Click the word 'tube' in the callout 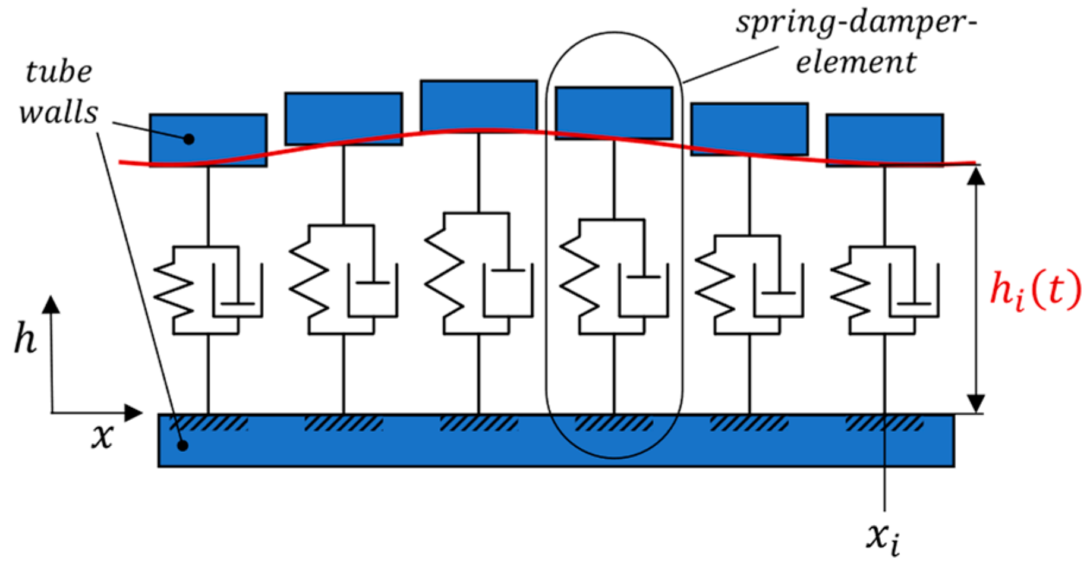(59, 73)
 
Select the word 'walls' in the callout (58, 112)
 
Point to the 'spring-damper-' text (856, 24)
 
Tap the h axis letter (25, 340)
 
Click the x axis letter (102, 437)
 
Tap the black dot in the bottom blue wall (184, 445)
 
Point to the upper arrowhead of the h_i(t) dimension (976, 175)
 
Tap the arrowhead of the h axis (52, 304)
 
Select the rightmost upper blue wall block (884, 139)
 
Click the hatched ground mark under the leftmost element (208, 424)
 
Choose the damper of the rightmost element (914, 294)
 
